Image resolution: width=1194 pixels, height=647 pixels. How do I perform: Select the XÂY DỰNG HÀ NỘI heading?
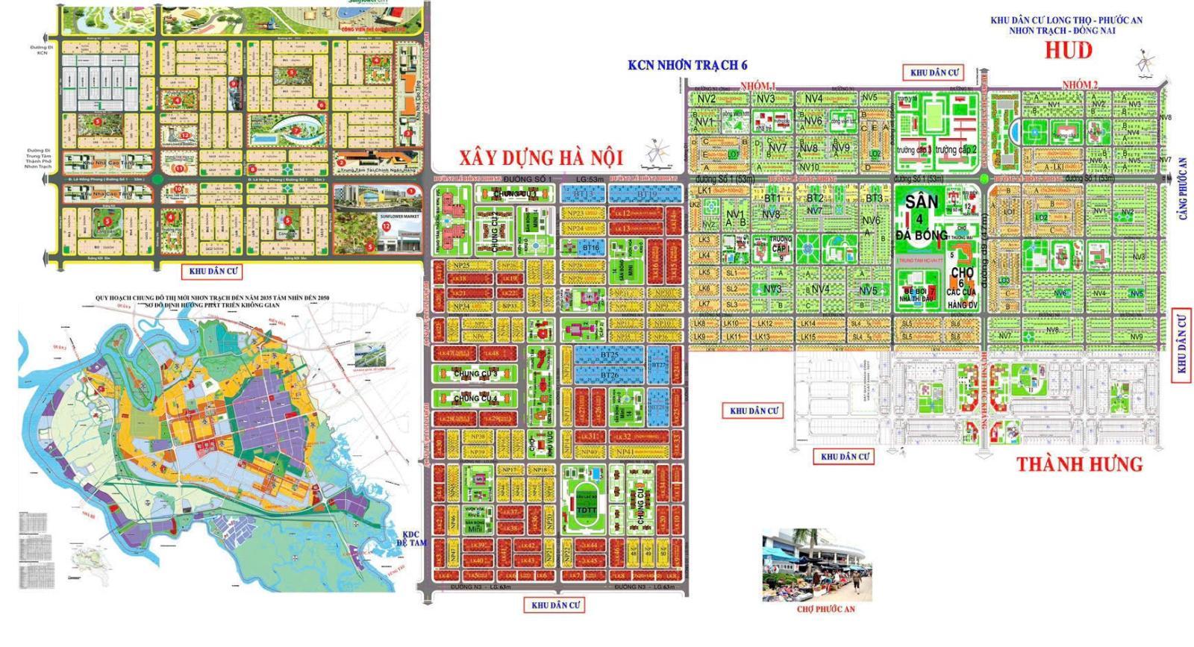click(x=540, y=158)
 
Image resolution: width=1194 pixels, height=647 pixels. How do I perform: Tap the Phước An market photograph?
click(x=816, y=565)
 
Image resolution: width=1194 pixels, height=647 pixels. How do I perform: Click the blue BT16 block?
click(x=591, y=247)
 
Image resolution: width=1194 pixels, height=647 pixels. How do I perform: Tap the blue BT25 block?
click(x=610, y=355)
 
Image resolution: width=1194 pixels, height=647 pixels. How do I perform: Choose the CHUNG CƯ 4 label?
click(x=475, y=399)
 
